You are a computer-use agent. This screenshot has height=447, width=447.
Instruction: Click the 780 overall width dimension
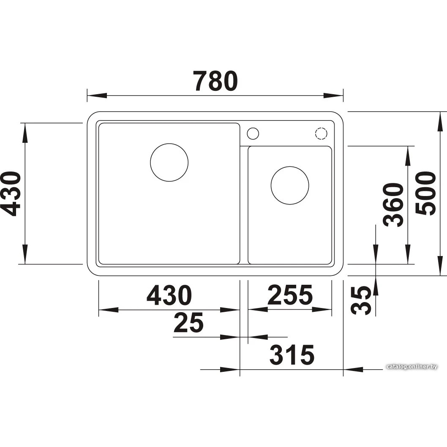pos(215,81)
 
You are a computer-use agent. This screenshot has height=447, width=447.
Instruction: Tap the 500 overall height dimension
pos(425,193)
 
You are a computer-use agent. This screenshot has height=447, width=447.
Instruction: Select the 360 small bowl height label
pos(393,205)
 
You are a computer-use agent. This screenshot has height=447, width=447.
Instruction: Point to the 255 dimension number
pos(290,295)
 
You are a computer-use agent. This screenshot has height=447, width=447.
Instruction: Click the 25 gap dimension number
pos(188,322)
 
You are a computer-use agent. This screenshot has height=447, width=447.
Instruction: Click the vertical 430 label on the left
pos(10,194)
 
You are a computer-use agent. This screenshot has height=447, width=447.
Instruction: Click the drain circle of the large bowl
pos(169,143)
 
